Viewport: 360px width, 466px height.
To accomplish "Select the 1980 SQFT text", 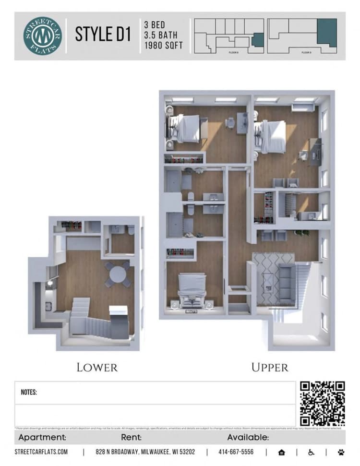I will pos(163,46).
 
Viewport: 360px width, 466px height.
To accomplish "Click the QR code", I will pos(323,404).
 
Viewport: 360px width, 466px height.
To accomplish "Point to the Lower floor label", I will pos(97,368).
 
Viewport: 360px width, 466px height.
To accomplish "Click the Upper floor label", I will pos(270,368).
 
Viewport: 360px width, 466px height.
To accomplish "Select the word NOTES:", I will pos(29,392).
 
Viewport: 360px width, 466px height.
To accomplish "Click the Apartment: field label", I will pos(42,438).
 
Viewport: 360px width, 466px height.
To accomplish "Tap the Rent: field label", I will pos(132,438).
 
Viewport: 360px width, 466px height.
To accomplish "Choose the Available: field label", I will pos(248,438).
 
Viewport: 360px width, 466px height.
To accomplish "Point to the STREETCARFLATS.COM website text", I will pos(41,452).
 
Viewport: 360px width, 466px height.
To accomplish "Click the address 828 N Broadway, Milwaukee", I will pos(145,452).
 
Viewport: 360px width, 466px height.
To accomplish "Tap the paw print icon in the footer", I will pos(341,452).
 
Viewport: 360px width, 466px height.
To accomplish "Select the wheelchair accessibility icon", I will pos(311,452).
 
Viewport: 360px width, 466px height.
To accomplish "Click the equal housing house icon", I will pos(281,452).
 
